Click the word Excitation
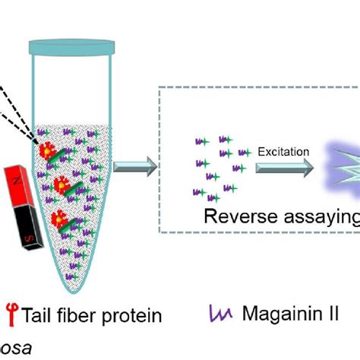click(x=283, y=152)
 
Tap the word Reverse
click(x=238, y=216)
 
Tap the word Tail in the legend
click(x=39, y=314)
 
